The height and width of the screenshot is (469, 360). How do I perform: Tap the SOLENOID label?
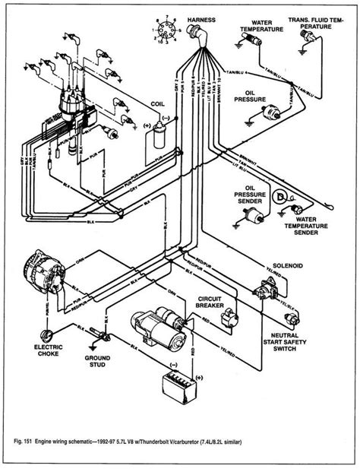(276, 268)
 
